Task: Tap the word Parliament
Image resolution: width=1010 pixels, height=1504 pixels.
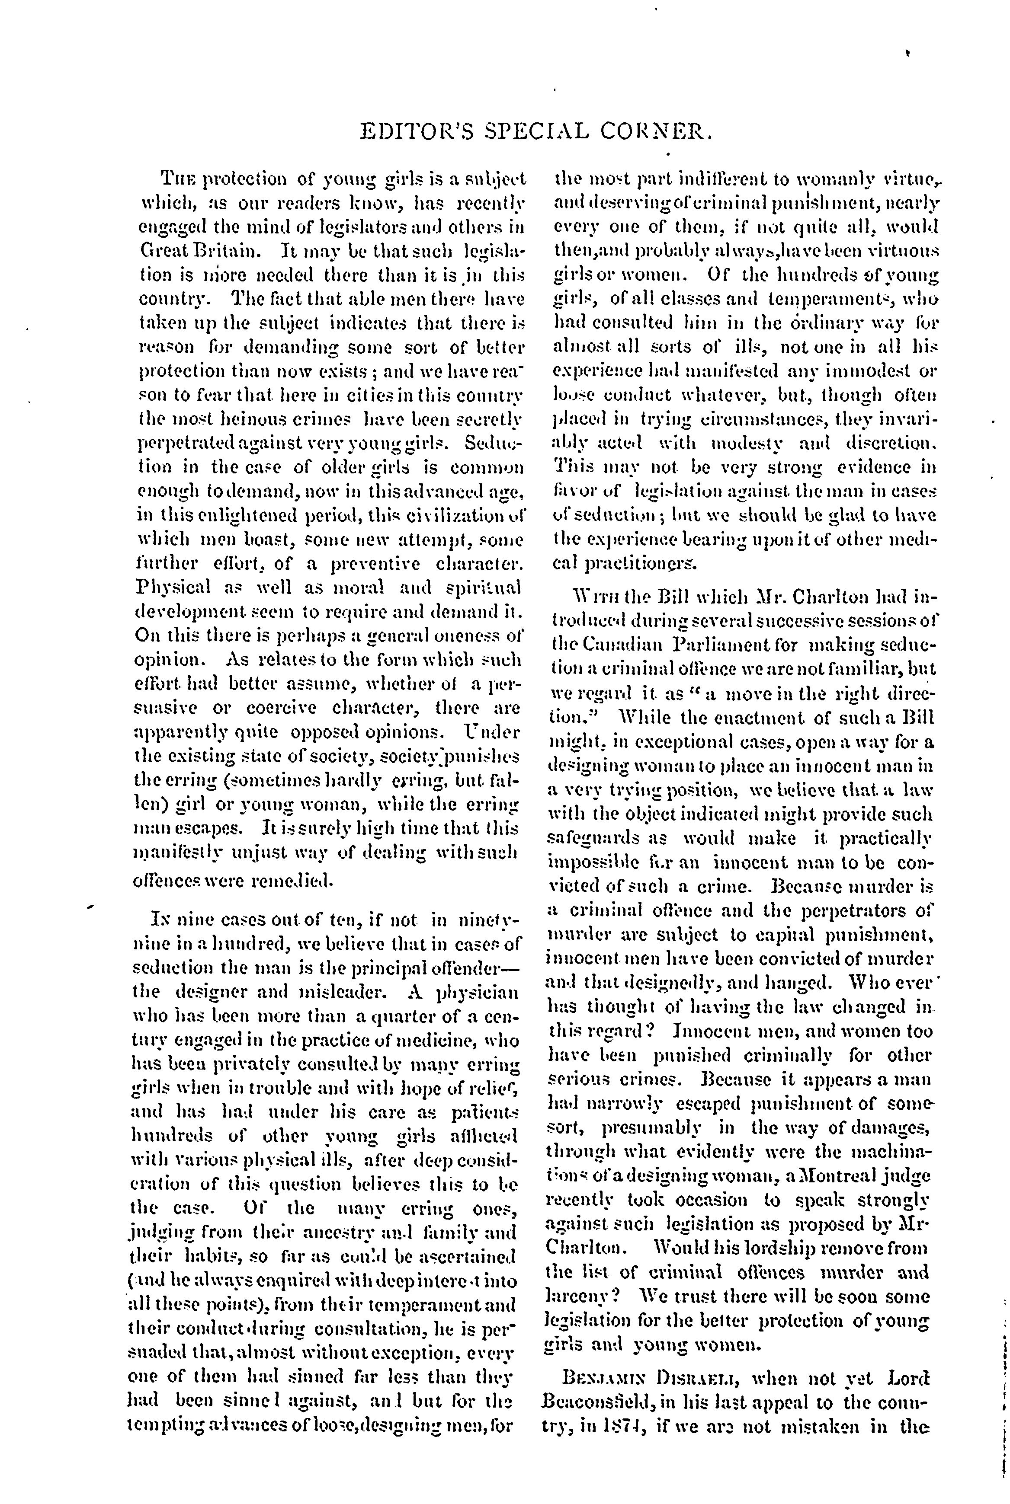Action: (x=726, y=645)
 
